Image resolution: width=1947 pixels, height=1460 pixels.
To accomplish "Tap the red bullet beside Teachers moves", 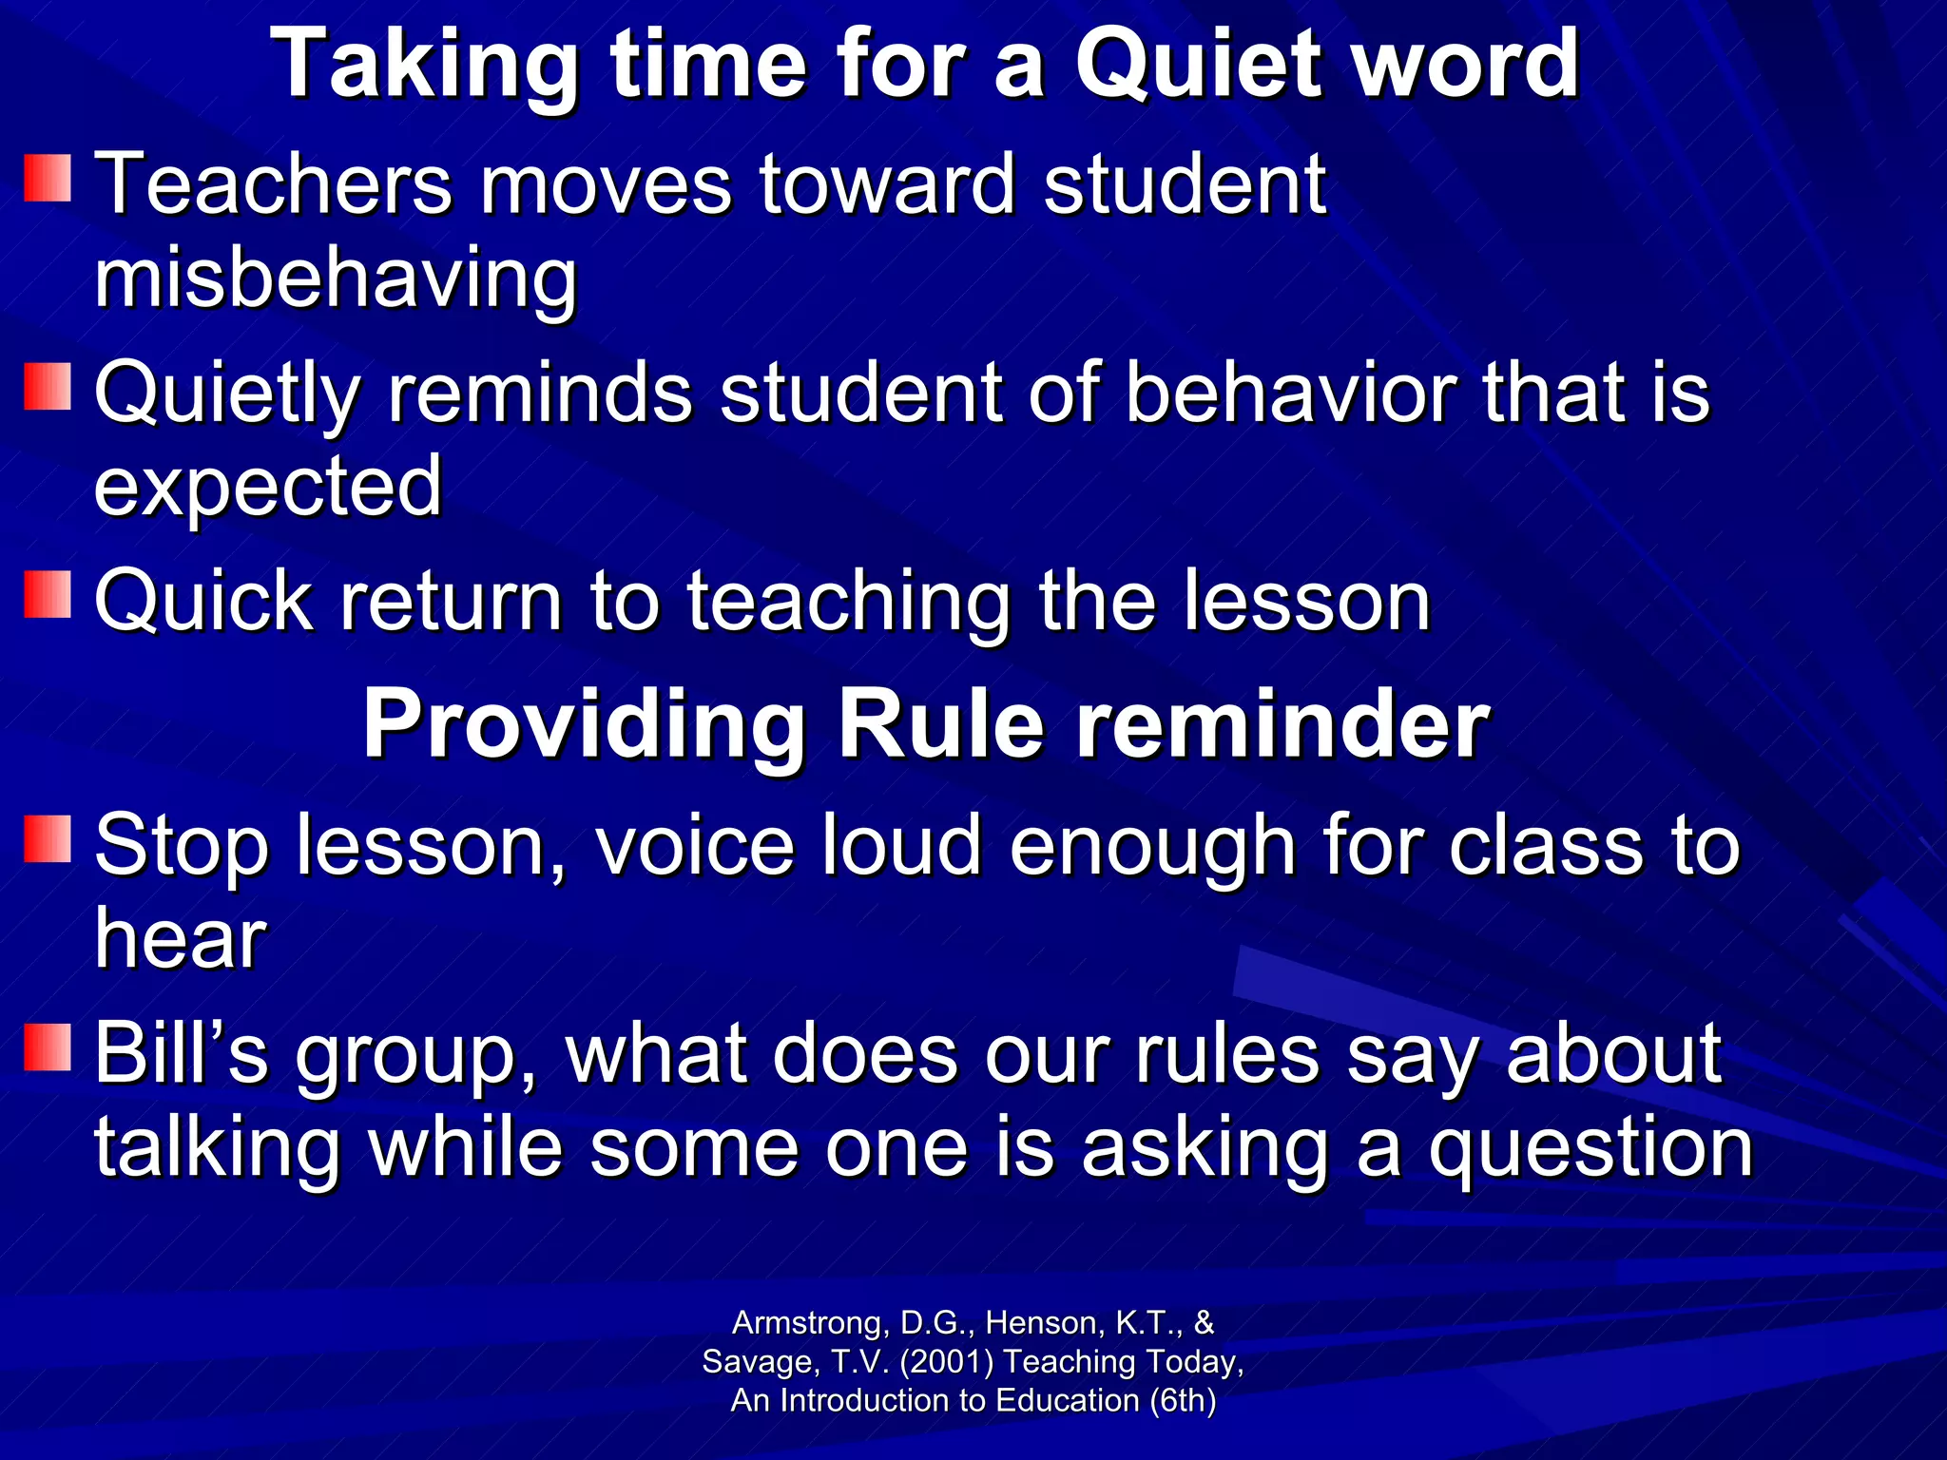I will [x=48, y=179].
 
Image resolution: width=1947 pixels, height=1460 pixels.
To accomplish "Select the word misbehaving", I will [x=336, y=279].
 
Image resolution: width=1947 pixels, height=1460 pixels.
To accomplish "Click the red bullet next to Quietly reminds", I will [x=48, y=386].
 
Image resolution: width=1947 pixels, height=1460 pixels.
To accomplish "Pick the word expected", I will [x=268, y=487].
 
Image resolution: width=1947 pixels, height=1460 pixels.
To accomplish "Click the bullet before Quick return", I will [x=48, y=595].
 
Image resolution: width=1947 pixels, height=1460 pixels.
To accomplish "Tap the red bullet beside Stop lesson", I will [x=48, y=838].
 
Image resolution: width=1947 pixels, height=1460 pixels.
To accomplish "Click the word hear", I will [x=181, y=939].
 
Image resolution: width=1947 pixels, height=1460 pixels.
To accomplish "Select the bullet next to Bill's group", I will [x=48, y=1047].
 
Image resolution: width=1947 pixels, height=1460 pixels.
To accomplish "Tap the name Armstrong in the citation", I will [x=807, y=1322].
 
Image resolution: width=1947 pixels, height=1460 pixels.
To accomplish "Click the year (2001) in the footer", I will [x=946, y=1361].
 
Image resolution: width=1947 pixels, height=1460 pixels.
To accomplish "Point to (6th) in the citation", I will [x=1182, y=1400].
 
